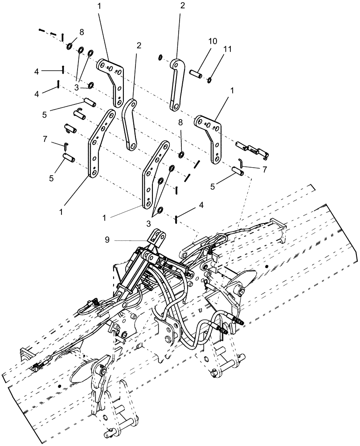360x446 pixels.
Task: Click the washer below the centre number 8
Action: pos(182,155)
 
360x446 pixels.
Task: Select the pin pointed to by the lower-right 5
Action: pos(237,170)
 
